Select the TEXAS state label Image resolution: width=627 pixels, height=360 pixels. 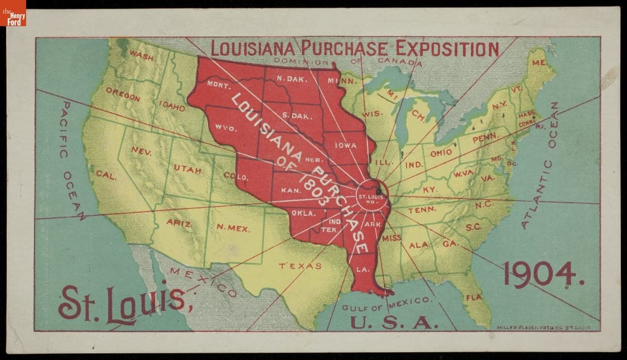300,266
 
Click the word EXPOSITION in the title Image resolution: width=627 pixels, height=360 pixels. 447,49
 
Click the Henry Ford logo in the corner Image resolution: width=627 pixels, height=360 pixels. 13,13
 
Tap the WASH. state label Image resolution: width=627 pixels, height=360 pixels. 141,55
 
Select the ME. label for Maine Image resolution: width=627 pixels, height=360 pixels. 539,63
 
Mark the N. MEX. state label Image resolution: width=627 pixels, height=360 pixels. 233,228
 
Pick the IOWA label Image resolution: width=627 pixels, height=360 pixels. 345,146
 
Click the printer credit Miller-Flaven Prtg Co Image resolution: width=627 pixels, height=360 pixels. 543,327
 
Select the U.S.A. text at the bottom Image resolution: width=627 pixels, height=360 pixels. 392,322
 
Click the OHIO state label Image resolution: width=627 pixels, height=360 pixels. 441,154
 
